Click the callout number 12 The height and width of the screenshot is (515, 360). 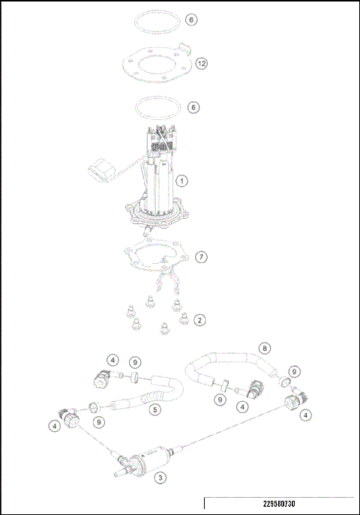(201, 64)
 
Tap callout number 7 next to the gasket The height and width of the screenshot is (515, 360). (200, 257)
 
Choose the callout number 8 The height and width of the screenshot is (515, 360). (263, 348)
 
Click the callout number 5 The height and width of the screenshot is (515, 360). (154, 410)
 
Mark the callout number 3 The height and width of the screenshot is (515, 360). (159, 477)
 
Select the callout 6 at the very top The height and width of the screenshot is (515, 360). (193, 19)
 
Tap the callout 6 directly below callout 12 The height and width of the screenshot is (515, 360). (193, 107)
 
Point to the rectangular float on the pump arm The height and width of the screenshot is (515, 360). (100, 169)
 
